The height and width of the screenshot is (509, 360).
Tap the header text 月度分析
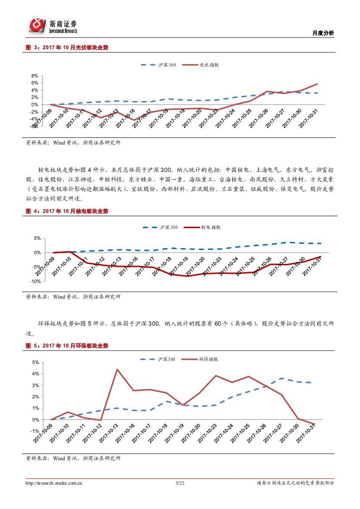click(x=323, y=33)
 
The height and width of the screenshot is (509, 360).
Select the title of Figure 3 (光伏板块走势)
click(x=67, y=48)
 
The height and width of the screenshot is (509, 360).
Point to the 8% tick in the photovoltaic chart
click(x=35, y=76)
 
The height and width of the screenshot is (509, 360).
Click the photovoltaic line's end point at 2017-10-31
click(x=317, y=84)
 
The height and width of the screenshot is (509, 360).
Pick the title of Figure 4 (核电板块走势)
click(x=67, y=211)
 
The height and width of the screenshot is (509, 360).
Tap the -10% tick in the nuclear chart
click(x=35, y=281)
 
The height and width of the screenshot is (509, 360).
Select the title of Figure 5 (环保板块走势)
click(x=67, y=346)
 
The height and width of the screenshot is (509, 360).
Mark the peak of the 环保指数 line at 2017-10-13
click(x=117, y=369)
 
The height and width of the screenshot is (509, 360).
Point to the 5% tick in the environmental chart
click(x=35, y=362)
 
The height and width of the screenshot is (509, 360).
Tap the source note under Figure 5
click(x=73, y=458)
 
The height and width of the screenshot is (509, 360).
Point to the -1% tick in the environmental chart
click(x=35, y=431)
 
